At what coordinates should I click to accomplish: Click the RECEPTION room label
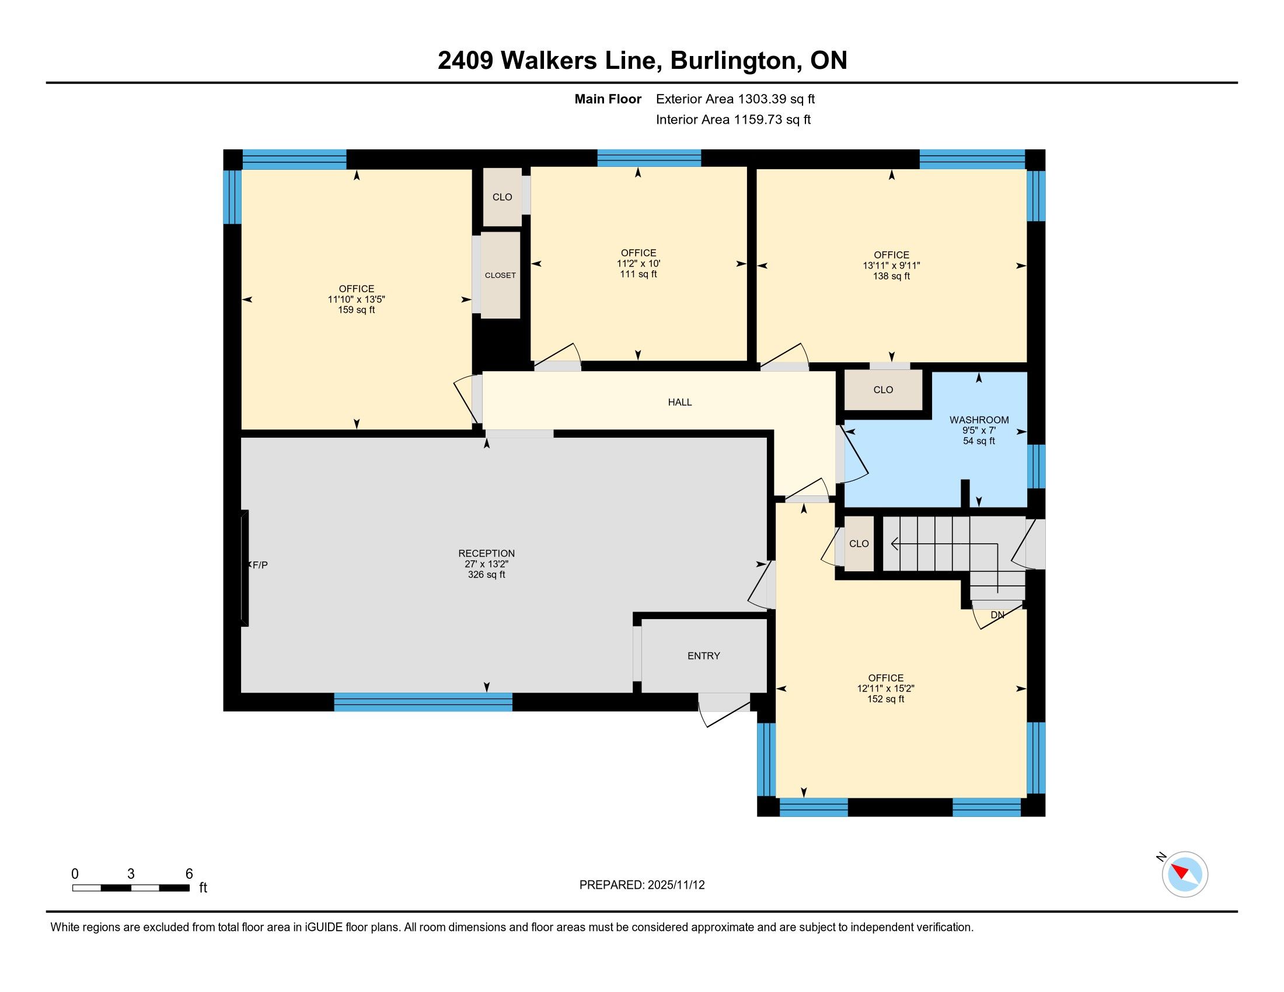tap(486, 553)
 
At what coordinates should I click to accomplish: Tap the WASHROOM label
tap(979, 420)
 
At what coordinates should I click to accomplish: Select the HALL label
tap(679, 402)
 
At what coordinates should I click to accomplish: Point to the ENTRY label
tap(704, 656)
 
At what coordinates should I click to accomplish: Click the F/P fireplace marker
tap(259, 565)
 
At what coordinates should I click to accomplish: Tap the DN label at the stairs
tap(997, 615)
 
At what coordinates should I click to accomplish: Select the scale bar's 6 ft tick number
tap(189, 874)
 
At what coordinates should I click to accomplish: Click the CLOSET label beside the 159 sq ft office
tap(500, 275)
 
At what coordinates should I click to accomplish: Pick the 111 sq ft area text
tap(638, 274)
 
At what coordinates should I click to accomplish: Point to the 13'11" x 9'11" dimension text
tap(891, 265)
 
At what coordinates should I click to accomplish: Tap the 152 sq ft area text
tap(885, 698)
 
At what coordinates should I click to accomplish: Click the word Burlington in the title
tap(734, 61)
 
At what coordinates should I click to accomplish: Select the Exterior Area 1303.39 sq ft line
tap(735, 99)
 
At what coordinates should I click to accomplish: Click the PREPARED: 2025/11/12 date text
tap(642, 885)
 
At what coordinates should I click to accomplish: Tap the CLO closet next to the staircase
tap(859, 544)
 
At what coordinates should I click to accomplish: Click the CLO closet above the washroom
tap(883, 390)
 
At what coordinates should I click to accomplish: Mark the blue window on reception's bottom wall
tap(423, 701)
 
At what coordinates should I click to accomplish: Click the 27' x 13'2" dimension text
tap(486, 564)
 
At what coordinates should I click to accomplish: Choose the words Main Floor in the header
tap(608, 99)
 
